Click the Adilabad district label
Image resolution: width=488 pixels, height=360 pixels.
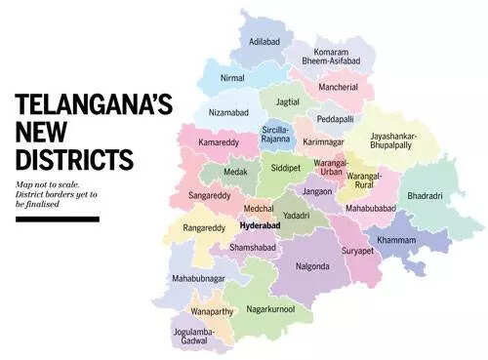(x=265, y=43)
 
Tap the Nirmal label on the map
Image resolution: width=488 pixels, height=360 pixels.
(x=231, y=76)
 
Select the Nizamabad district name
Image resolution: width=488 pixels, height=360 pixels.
(x=234, y=113)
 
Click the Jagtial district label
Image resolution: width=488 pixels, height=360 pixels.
(x=287, y=100)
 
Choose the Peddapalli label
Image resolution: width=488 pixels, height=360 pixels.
(x=335, y=121)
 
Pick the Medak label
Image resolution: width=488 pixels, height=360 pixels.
(x=235, y=179)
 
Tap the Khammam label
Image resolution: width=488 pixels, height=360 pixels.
(x=395, y=240)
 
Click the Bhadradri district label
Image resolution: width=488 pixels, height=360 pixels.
(x=426, y=196)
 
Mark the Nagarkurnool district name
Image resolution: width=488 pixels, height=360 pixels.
(x=279, y=310)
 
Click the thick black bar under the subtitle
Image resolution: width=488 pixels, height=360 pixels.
(x=58, y=219)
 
